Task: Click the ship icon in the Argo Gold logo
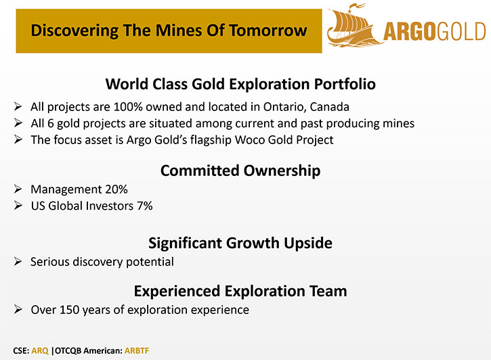(354, 26)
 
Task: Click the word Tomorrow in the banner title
(268, 30)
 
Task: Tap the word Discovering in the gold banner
(74, 31)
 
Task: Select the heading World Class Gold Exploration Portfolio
(240, 84)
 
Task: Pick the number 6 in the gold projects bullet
(50, 124)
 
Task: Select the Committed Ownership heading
(240, 171)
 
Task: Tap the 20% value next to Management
(116, 189)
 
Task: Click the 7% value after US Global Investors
(145, 206)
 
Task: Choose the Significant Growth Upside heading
(240, 243)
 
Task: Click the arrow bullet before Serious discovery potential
(18, 261)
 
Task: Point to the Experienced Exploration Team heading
(240, 291)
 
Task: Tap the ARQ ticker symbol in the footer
(40, 351)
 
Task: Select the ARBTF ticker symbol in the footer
(137, 351)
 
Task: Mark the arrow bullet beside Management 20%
(18, 189)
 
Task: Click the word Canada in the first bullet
(329, 107)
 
